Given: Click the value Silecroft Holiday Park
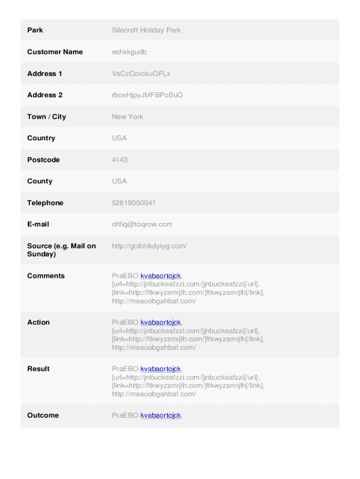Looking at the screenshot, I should coord(146,30).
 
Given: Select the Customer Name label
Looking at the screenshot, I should coord(55,52).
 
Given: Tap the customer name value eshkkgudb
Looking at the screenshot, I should coord(129,52).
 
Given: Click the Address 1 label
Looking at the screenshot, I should coord(44,73).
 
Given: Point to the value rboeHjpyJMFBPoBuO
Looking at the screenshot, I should coord(147,95).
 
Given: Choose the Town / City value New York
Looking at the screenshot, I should coord(127,116).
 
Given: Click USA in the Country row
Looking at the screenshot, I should coord(119,138).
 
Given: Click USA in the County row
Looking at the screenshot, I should coord(119,181).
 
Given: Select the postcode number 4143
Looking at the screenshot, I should coord(120,160).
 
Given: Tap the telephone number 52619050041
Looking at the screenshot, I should coord(134,203).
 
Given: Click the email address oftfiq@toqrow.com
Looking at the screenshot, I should coord(142,224).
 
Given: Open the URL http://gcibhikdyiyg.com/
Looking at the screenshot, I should coord(149,246).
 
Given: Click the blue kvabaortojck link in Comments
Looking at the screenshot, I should coord(160,276).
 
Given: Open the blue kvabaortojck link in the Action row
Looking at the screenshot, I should coord(160,322).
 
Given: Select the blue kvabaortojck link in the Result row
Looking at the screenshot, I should coord(160,369).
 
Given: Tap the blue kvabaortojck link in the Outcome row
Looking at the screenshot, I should coord(160,415).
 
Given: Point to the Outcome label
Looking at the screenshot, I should coord(43,415).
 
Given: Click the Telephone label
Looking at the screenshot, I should coord(45,203).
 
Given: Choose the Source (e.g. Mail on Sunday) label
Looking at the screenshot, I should coord(61,250).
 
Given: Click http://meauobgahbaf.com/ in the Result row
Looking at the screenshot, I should coord(154,394).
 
